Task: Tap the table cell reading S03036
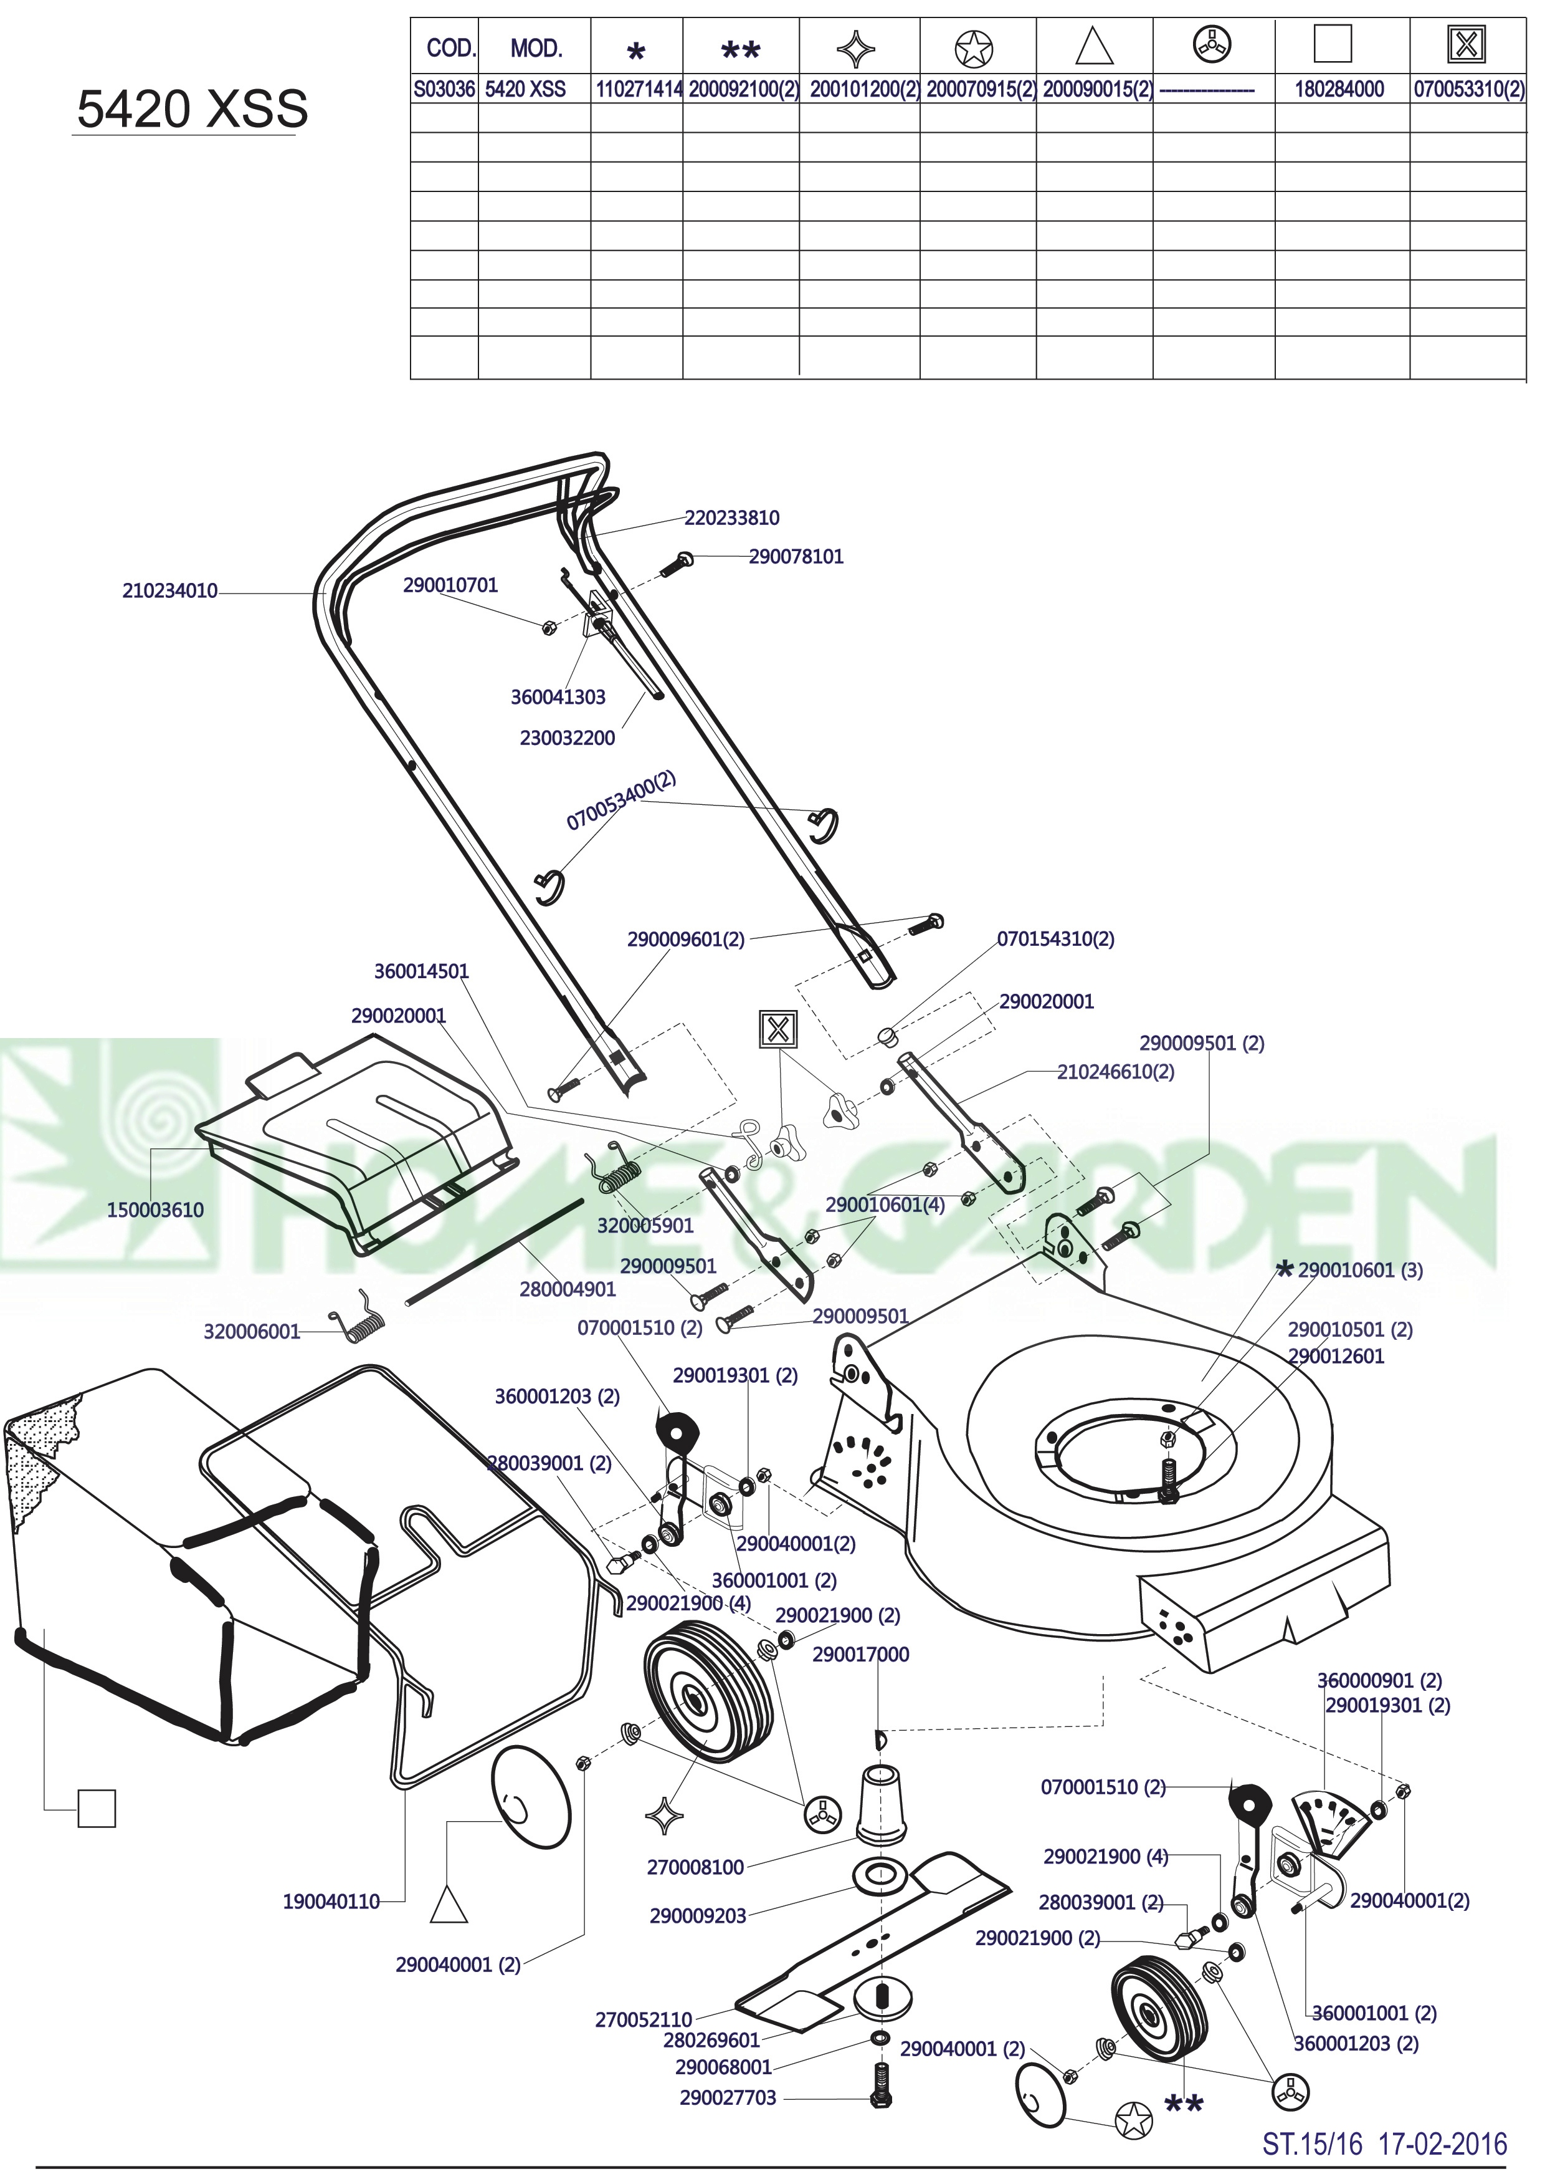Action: [444, 90]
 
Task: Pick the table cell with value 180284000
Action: [1339, 90]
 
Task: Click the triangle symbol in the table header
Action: [1094, 47]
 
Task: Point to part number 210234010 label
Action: [169, 591]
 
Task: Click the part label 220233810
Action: [731, 518]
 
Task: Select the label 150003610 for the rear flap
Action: [155, 1210]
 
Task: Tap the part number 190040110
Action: [331, 1902]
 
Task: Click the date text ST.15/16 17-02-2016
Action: [1385, 2137]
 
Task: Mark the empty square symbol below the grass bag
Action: [96, 1809]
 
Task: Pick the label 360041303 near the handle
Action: [558, 697]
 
